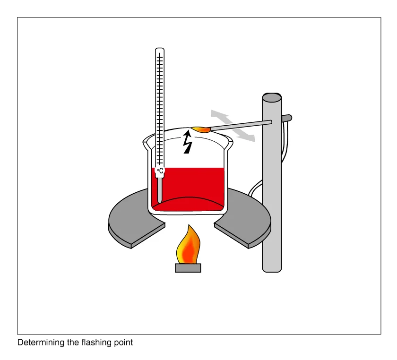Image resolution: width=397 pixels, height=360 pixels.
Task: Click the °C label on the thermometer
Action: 160,171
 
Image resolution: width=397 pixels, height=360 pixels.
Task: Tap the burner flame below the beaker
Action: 189,245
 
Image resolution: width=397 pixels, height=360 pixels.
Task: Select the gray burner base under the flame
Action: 188,268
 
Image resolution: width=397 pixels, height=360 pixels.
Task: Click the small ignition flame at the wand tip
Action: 201,129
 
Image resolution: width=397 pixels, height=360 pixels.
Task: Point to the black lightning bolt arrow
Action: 187,142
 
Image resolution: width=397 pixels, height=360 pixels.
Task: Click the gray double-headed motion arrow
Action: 233,126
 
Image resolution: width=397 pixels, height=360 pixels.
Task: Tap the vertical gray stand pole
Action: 272,183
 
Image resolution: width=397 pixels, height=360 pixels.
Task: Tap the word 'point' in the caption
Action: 123,343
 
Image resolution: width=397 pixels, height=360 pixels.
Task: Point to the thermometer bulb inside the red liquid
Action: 160,190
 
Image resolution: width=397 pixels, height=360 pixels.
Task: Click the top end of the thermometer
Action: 160,48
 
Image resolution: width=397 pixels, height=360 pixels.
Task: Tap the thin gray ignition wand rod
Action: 241,125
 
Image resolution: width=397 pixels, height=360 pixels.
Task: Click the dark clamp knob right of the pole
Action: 287,118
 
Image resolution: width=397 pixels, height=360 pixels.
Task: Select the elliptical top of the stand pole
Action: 272,97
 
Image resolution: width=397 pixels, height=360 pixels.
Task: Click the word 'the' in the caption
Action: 73,343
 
